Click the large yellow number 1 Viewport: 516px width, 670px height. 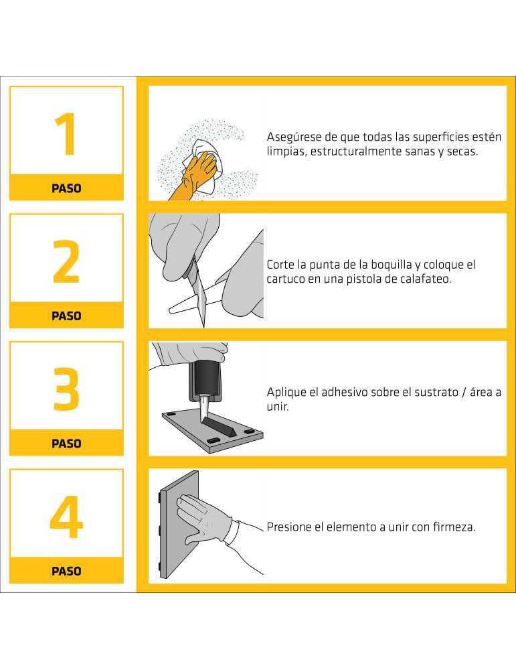[66, 134]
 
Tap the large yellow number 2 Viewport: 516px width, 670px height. [66, 261]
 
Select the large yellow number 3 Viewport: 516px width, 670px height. [66, 389]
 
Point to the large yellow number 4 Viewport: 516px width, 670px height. [66, 517]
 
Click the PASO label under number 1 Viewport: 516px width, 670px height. [66, 188]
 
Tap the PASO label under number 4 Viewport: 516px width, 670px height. [66, 572]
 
